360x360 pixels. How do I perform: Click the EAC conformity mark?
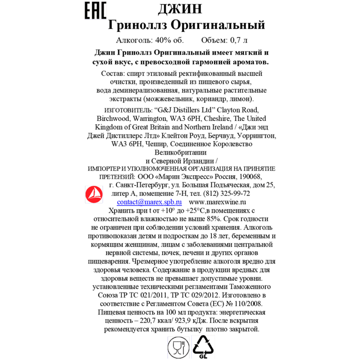96,10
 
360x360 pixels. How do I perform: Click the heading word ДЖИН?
180,9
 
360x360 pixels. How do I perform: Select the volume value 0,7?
235,40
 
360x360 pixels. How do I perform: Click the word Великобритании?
180,152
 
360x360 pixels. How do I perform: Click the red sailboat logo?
94,194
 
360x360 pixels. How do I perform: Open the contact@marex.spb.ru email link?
149,202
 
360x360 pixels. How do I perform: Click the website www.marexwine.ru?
217,202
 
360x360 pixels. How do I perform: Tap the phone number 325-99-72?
235,194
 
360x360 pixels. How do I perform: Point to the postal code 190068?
250,177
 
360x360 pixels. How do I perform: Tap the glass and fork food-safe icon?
179,347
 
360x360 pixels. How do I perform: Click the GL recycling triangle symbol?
203,347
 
